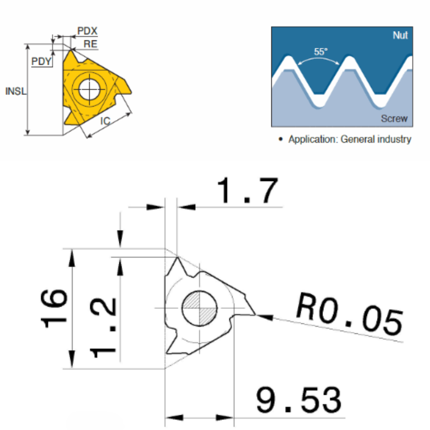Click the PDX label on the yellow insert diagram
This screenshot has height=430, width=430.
pyautogui.click(x=87, y=31)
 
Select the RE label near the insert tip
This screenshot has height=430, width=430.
pyautogui.click(x=91, y=44)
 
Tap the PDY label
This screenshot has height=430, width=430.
pyautogui.click(x=42, y=61)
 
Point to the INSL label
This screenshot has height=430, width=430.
pyautogui.click(x=16, y=91)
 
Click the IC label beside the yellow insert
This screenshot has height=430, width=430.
pyautogui.click(x=105, y=121)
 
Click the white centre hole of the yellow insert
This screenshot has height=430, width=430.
pyautogui.click(x=89, y=89)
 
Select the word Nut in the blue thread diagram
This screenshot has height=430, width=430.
pyautogui.click(x=400, y=35)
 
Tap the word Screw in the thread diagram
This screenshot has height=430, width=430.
pyautogui.click(x=394, y=118)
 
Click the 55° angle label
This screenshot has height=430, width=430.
pyautogui.click(x=320, y=52)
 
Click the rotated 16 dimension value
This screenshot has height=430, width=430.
pyautogui.click(x=54, y=309)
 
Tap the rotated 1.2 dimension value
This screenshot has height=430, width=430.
pyautogui.click(x=103, y=328)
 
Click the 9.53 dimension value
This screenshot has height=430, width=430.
pyautogui.click(x=299, y=400)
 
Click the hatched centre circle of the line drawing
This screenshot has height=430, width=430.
pyautogui.click(x=199, y=308)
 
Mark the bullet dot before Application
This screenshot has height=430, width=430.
pyautogui.click(x=280, y=139)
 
